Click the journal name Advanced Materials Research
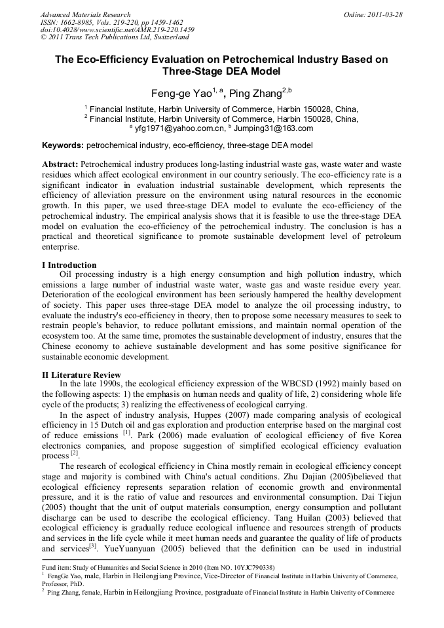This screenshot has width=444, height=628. tap(85, 14)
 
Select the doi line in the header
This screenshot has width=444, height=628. tap(117, 30)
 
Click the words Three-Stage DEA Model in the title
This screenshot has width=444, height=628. tap(221, 71)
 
